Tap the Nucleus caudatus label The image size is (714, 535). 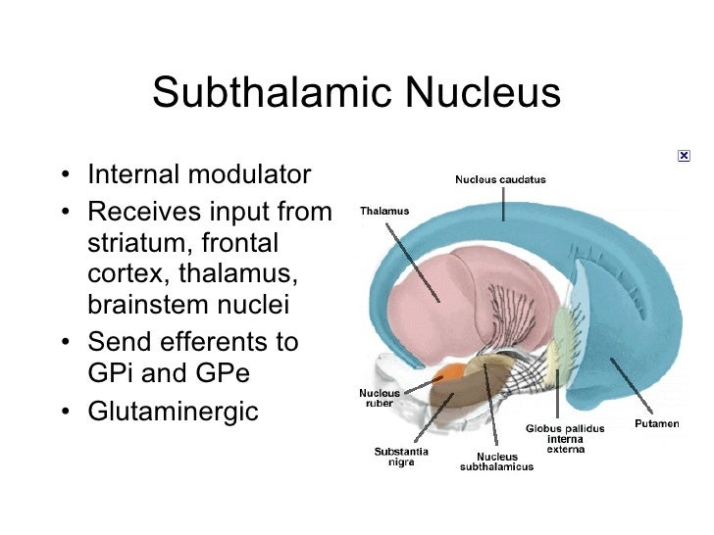tap(500, 179)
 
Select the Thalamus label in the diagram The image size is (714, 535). tap(384, 211)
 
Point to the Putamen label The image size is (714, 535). tap(656, 423)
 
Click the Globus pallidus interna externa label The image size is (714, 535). tap(565, 439)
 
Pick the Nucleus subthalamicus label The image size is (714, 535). tap(497, 462)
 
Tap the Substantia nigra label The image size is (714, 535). tap(400, 457)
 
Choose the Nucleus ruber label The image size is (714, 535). tap(379, 398)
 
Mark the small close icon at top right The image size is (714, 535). tap(684, 156)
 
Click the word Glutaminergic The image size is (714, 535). tap(173, 412)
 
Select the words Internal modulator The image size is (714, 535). tap(199, 175)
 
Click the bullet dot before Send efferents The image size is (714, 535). tap(64, 344)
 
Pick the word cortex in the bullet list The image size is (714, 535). tap(121, 273)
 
